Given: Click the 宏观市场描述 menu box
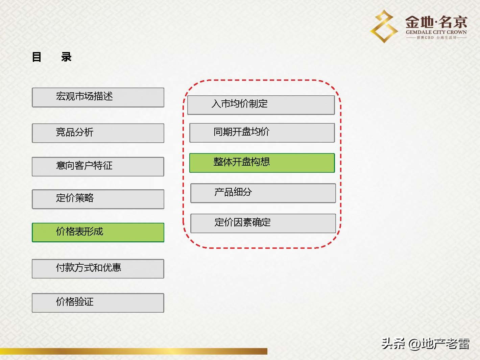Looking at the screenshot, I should (x=98, y=97).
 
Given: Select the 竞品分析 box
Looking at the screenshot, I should (x=98, y=133).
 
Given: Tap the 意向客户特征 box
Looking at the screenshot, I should (x=98, y=166).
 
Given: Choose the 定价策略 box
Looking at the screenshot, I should (x=98, y=199).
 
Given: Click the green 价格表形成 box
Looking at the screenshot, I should (x=98, y=232).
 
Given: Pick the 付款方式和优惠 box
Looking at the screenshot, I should (x=98, y=268).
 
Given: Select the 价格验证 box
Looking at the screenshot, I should (x=98, y=303).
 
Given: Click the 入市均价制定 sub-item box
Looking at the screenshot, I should (x=261, y=105).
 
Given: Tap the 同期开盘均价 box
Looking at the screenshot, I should (x=262, y=133).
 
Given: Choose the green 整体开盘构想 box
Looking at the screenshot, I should (x=262, y=163).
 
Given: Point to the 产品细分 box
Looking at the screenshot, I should (x=263, y=193).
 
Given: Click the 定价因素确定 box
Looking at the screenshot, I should (x=263, y=223).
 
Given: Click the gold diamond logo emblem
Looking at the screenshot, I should (x=384, y=26).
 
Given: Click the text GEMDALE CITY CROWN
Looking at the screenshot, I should (x=436, y=32).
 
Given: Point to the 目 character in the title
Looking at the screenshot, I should (x=37, y=57).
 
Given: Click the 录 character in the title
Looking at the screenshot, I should (x=66, y=57).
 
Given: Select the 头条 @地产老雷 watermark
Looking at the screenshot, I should (x=425, y=344).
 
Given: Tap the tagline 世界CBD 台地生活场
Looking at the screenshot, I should (x=436, y=38).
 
